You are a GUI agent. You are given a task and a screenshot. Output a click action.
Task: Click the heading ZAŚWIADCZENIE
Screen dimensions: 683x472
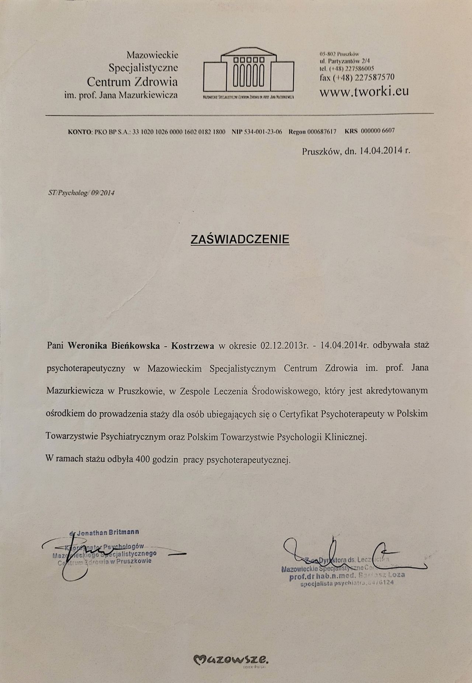click(x=240, y=239)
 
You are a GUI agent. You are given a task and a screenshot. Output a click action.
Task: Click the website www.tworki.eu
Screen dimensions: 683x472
click(x=364, y=91)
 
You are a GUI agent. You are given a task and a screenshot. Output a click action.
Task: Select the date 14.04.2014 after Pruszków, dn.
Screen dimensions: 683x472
click(x=379, y=150)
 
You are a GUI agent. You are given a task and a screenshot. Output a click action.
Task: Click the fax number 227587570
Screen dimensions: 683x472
click(x=373, y=78)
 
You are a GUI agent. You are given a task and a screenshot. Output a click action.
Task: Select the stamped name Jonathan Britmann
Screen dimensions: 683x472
click(x=107, y=532)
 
